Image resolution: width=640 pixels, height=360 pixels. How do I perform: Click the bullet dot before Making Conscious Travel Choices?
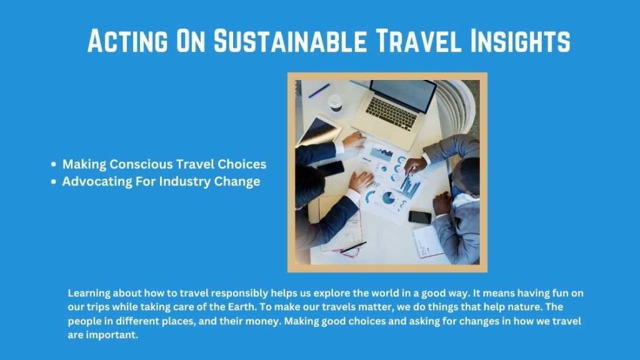coord(54,165)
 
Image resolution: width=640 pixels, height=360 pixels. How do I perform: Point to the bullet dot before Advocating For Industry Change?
coord(54,182)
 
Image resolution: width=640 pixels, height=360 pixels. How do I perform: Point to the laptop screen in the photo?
coord(402,94)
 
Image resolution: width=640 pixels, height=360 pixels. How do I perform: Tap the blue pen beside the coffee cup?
coord(319,91)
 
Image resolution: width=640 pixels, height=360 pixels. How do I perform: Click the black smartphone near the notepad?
coord(420,217)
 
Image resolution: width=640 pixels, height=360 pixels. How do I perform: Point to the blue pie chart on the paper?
coord(388,199)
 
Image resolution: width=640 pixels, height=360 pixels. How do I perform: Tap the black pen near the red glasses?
coord(354,247)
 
